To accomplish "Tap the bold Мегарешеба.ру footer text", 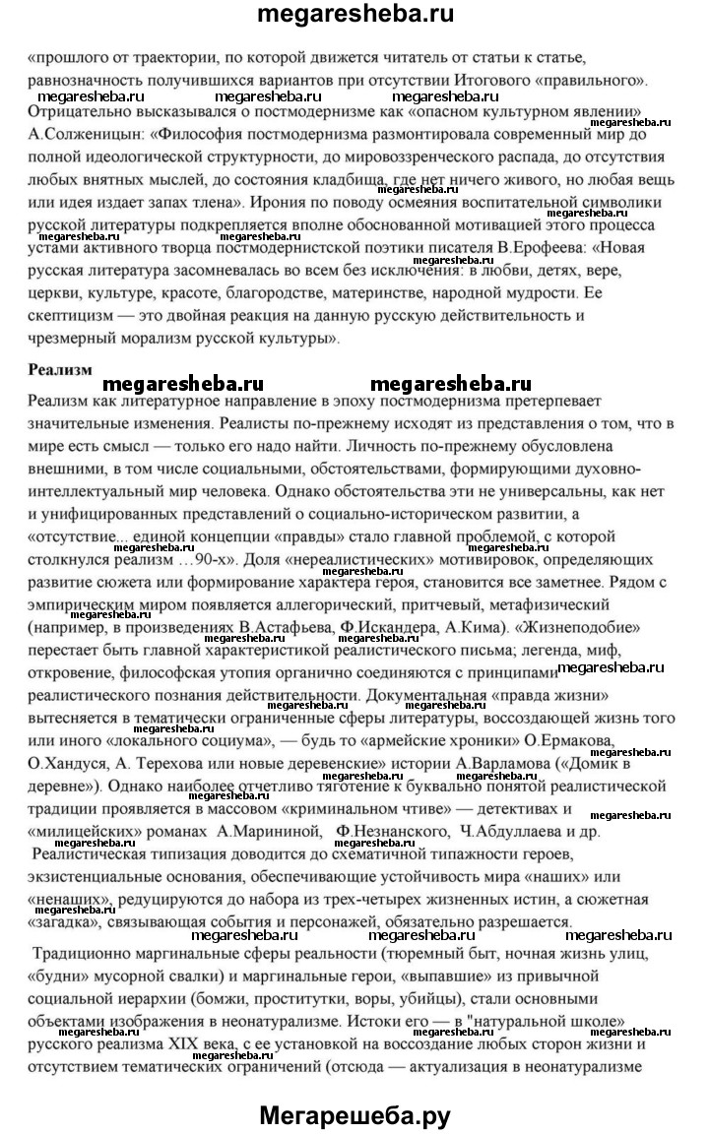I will pyautogui.click(x=354, y=1107).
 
